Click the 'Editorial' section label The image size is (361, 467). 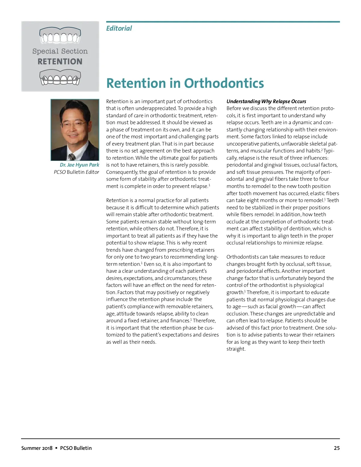(119, 28)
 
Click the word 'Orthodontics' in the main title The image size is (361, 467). (224, 83)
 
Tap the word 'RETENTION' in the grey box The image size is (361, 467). (60, 62)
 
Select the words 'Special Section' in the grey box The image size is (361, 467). (60, 51)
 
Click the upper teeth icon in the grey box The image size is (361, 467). (60, 35)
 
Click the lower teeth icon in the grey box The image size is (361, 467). (60, 77)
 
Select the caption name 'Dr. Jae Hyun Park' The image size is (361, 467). (79, 165)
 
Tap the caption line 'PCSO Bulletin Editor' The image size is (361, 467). (76, 172)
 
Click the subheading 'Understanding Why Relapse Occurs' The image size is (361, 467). (266, 101)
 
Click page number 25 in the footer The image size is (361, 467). (337, 448)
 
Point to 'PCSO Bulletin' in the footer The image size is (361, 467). (76, 448)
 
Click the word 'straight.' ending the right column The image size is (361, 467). (236, 349)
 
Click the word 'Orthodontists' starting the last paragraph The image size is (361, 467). (243, 257)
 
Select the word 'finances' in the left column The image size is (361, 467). (180, 321)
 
